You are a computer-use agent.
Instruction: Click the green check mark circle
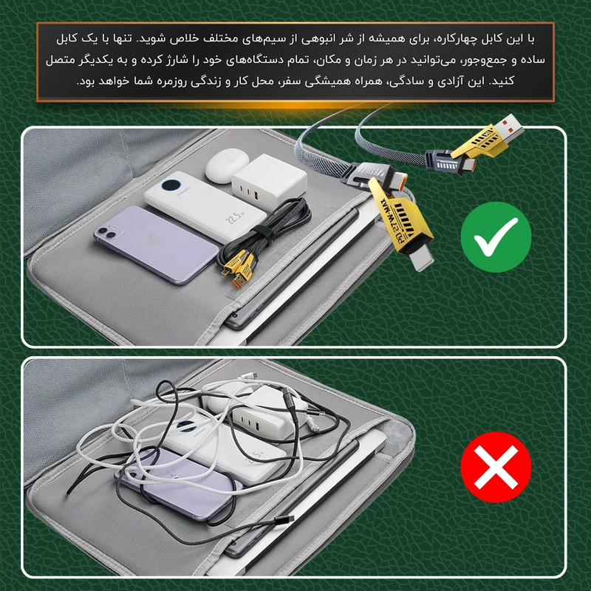pos(496,237)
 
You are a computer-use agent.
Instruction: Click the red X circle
pos(496,467)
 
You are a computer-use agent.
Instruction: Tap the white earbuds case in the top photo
pos(227,165)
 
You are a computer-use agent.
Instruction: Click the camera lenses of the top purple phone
pos(106,232)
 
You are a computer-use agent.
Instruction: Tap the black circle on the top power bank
pos(171,185)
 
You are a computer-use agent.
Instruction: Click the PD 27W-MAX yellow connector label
pos(394,218)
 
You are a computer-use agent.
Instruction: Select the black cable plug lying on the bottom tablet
pos(284,519)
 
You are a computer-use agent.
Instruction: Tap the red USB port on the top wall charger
pos(257,196)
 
